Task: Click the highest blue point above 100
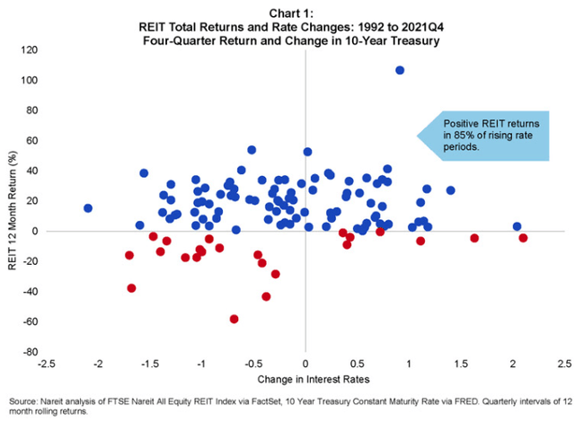tap(400, 70)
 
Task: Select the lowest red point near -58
tap(234, 319)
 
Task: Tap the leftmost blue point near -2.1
tap(88, 208)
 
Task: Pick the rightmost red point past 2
tap(523, 238)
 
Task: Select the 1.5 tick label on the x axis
tap(461, 364)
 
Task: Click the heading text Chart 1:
tap(287, 12)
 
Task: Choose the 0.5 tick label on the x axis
tap(358, 364)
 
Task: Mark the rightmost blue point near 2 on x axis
tap(517, 227)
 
